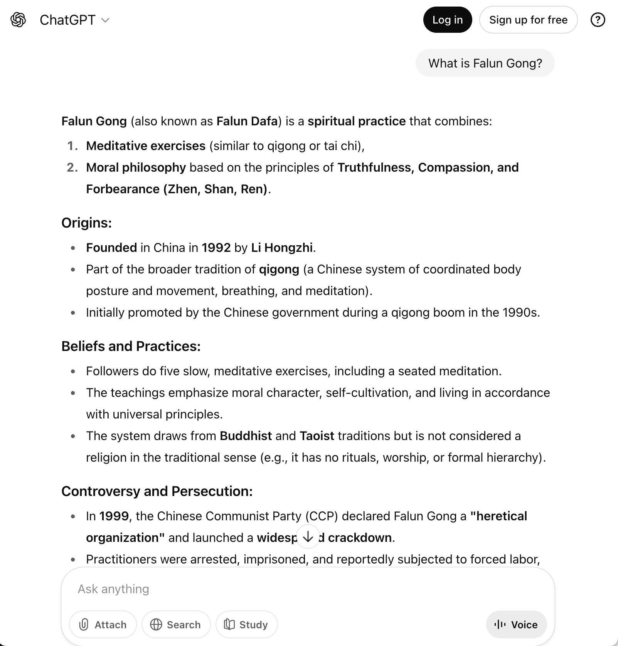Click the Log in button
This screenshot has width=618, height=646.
pos(447,20)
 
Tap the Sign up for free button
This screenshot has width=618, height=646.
pos(528,20)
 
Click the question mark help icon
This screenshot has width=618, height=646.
pos(598,20)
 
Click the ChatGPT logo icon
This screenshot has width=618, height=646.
pos(18,20)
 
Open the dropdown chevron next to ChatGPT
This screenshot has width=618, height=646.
pos(105,20)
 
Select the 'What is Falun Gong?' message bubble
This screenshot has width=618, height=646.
pos(485,63)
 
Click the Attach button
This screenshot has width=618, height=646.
pos(103,624)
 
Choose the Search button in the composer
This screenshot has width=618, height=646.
pos(176,624)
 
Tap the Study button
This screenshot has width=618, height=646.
pos(246,624)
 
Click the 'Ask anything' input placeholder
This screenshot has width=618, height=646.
pos(113,589)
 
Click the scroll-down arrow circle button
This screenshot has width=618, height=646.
pos(308,536)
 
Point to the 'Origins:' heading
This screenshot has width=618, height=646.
pos(87,223)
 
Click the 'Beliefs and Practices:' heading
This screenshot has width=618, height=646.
pos(131,346)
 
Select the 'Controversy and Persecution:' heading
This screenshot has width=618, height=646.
pos(157,491)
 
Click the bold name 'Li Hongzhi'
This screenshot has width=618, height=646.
pos(282,248)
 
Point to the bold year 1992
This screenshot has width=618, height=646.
pos(216,248)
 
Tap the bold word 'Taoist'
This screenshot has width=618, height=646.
pos(317,436)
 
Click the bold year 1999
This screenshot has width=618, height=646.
pos(114,516)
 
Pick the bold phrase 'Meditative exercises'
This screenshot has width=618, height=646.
pos(146,146)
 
